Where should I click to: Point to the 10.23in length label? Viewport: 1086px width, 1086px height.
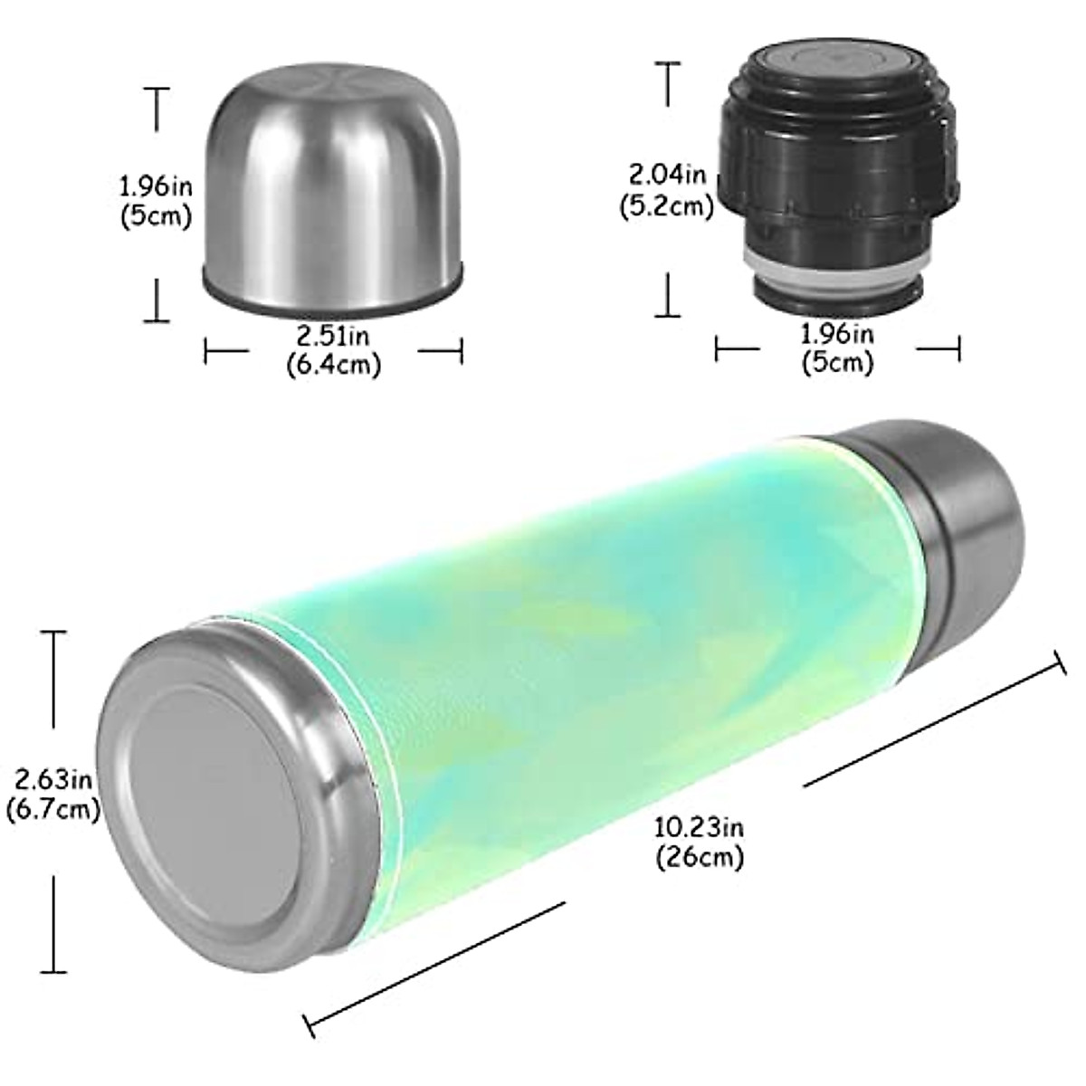click(x=700, y=827)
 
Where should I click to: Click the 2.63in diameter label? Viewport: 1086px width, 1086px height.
click(x=51, y=778)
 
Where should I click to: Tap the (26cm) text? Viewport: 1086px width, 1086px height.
click(x=700, y=856)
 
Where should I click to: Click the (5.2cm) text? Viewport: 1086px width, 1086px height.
click(x=667, y=205)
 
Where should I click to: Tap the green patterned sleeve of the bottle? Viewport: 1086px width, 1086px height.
click(x=579, y=633)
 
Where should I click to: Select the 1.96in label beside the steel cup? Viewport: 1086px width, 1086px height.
click(x=156, y=187)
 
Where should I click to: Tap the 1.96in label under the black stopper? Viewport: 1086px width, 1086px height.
click(x=837, y=335)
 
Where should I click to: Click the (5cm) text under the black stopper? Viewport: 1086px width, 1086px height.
click(x=837, y=364)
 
